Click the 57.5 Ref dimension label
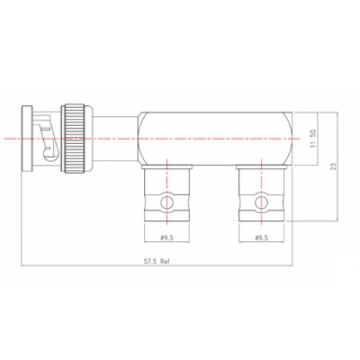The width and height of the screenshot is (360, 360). [156, 261]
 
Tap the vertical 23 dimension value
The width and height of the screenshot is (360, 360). [334, 166]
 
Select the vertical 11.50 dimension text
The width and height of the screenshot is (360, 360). [313, 138]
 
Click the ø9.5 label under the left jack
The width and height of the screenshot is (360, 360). [167, 238]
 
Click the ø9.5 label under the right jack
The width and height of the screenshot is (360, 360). [261, 238]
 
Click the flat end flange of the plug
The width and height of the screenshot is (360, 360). [27, 138]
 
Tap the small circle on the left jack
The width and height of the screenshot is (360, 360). [167, 203]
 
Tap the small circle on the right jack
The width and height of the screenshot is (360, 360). [261, 202]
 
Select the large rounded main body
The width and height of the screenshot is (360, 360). [215, 138]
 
